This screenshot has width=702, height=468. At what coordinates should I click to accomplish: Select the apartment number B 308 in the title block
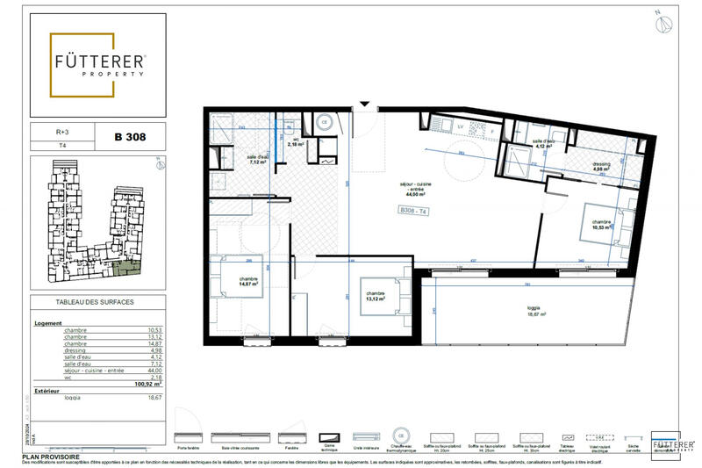129,137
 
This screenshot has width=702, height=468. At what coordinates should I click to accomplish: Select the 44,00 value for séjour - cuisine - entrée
154,371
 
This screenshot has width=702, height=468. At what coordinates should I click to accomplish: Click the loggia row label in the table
75,397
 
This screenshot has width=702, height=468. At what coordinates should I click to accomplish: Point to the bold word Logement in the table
47,322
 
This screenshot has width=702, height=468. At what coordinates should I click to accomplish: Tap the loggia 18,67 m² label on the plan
534,313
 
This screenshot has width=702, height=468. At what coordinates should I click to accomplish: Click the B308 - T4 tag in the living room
413,212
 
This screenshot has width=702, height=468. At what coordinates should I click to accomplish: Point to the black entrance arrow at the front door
362,105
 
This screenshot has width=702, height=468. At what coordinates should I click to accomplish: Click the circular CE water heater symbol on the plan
324,123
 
